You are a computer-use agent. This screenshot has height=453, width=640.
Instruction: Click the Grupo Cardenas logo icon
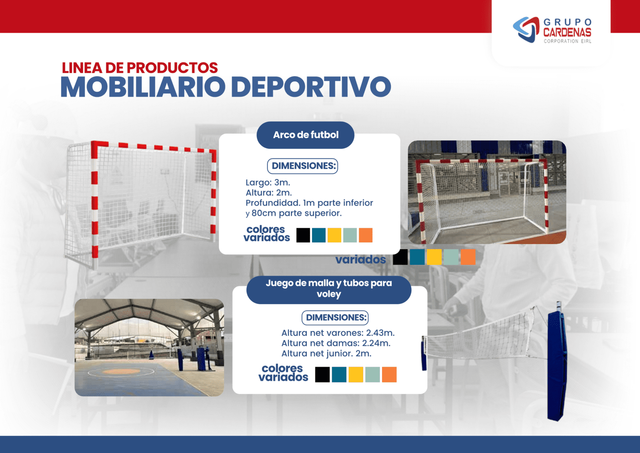526,30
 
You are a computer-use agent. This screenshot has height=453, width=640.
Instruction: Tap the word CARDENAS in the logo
567,33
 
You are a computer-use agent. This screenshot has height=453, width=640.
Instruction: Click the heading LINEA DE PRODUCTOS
140,68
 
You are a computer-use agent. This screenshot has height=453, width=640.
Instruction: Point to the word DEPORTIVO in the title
311,87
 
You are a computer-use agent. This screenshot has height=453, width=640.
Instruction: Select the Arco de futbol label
305,135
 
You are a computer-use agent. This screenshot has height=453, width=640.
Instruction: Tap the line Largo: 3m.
267,182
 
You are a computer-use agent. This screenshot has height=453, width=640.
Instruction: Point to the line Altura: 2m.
268,193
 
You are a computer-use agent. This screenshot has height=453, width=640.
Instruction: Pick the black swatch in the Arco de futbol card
303,235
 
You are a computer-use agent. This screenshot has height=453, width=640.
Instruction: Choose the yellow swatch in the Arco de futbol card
334,235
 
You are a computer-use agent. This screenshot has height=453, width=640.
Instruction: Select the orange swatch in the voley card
389,375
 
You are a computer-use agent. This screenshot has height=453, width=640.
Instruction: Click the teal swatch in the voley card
339,375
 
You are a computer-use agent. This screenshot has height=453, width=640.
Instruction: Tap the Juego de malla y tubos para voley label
329,288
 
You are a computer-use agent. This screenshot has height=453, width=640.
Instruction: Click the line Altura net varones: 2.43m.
337,333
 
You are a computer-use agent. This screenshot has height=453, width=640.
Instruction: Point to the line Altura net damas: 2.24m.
336,343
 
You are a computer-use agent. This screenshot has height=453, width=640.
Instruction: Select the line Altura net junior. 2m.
326,353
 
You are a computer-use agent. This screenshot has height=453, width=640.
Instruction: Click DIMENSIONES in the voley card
335,317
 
